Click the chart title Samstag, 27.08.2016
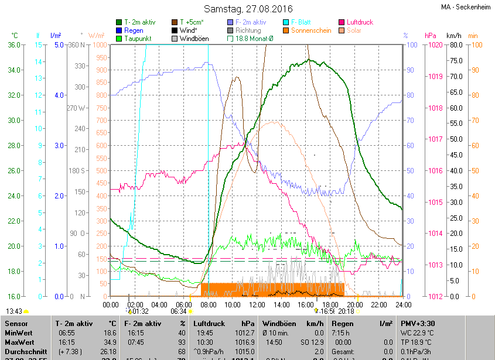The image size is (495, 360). [248, 9]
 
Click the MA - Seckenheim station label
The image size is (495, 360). [466, 7]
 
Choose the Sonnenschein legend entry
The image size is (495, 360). [310, 30]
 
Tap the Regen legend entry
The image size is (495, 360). [134, 30]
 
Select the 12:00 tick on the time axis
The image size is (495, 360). [257, 304]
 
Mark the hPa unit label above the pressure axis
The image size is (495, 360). [431, 35]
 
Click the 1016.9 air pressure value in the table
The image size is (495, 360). [245, 342]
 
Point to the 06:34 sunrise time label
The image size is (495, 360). [179, 311]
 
